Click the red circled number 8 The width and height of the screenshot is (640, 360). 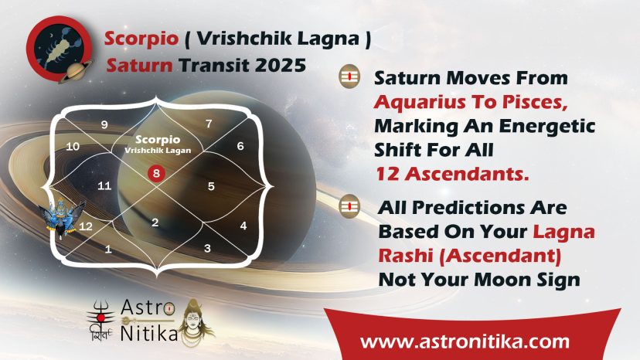[x=156, y=173]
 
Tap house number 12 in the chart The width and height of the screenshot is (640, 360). [x=85, y=226]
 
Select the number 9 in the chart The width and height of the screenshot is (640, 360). [x=104, y=124]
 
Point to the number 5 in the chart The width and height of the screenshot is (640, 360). [x=211, y=186]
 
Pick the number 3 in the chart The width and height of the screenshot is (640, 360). [x=207, y=248]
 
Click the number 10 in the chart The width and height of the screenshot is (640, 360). [x=73, y=146]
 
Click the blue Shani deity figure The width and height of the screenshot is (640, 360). [x=62, y=217]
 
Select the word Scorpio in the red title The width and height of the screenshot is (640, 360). [x=141, y=39]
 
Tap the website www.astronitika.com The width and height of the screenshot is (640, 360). [x=465, y=341]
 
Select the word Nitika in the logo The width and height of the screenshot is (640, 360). [x=149, y=333]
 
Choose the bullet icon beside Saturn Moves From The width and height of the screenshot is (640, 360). [x=349, y=76]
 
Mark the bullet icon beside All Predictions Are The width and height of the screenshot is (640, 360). [x=349, y=206]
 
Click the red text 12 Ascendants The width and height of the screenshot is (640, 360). [x=452, y=174]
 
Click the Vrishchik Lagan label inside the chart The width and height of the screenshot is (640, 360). [x=158, y=150]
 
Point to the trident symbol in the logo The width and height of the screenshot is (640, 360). [x=100, y=314]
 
